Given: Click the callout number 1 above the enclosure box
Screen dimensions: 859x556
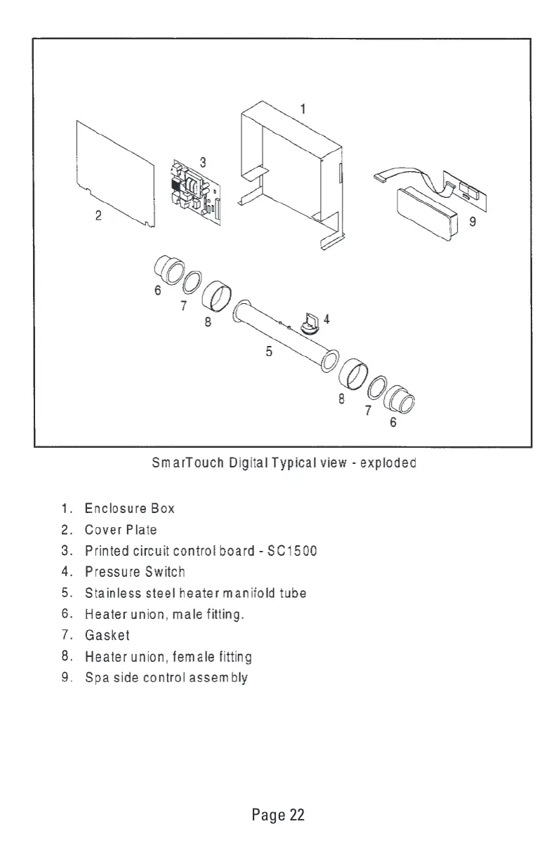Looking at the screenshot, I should pyautogui.click(x=303, y=109).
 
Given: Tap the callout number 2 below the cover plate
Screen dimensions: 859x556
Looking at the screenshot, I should pyautogui.click(x=99, y=216).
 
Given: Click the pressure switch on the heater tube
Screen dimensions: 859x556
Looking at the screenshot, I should pyautogui.click(x=310, y=322).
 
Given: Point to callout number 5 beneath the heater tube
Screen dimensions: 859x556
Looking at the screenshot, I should pyautogui.click(x=269, y=352).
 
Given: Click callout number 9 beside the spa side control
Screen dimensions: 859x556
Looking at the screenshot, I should pyautogui.click(x=472, y=226).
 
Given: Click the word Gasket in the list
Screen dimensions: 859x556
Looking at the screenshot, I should pyautogui.click(x=107, y=636).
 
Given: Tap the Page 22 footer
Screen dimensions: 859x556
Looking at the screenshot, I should pyautogui.click(x=278, y=815).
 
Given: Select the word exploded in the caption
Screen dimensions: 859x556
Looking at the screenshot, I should pyautogui.click(x=388, y=463).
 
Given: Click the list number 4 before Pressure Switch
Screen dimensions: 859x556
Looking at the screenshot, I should pyautogui.click(x=63, y=572).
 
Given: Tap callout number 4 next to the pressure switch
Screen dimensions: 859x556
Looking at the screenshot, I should pyautogui.click(x=326, y=318).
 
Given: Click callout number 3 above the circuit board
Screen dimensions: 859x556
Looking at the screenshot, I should pyautogui.click(x=202, y=161).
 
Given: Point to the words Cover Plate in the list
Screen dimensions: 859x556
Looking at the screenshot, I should pyautogui.click(x=120, y=529).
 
